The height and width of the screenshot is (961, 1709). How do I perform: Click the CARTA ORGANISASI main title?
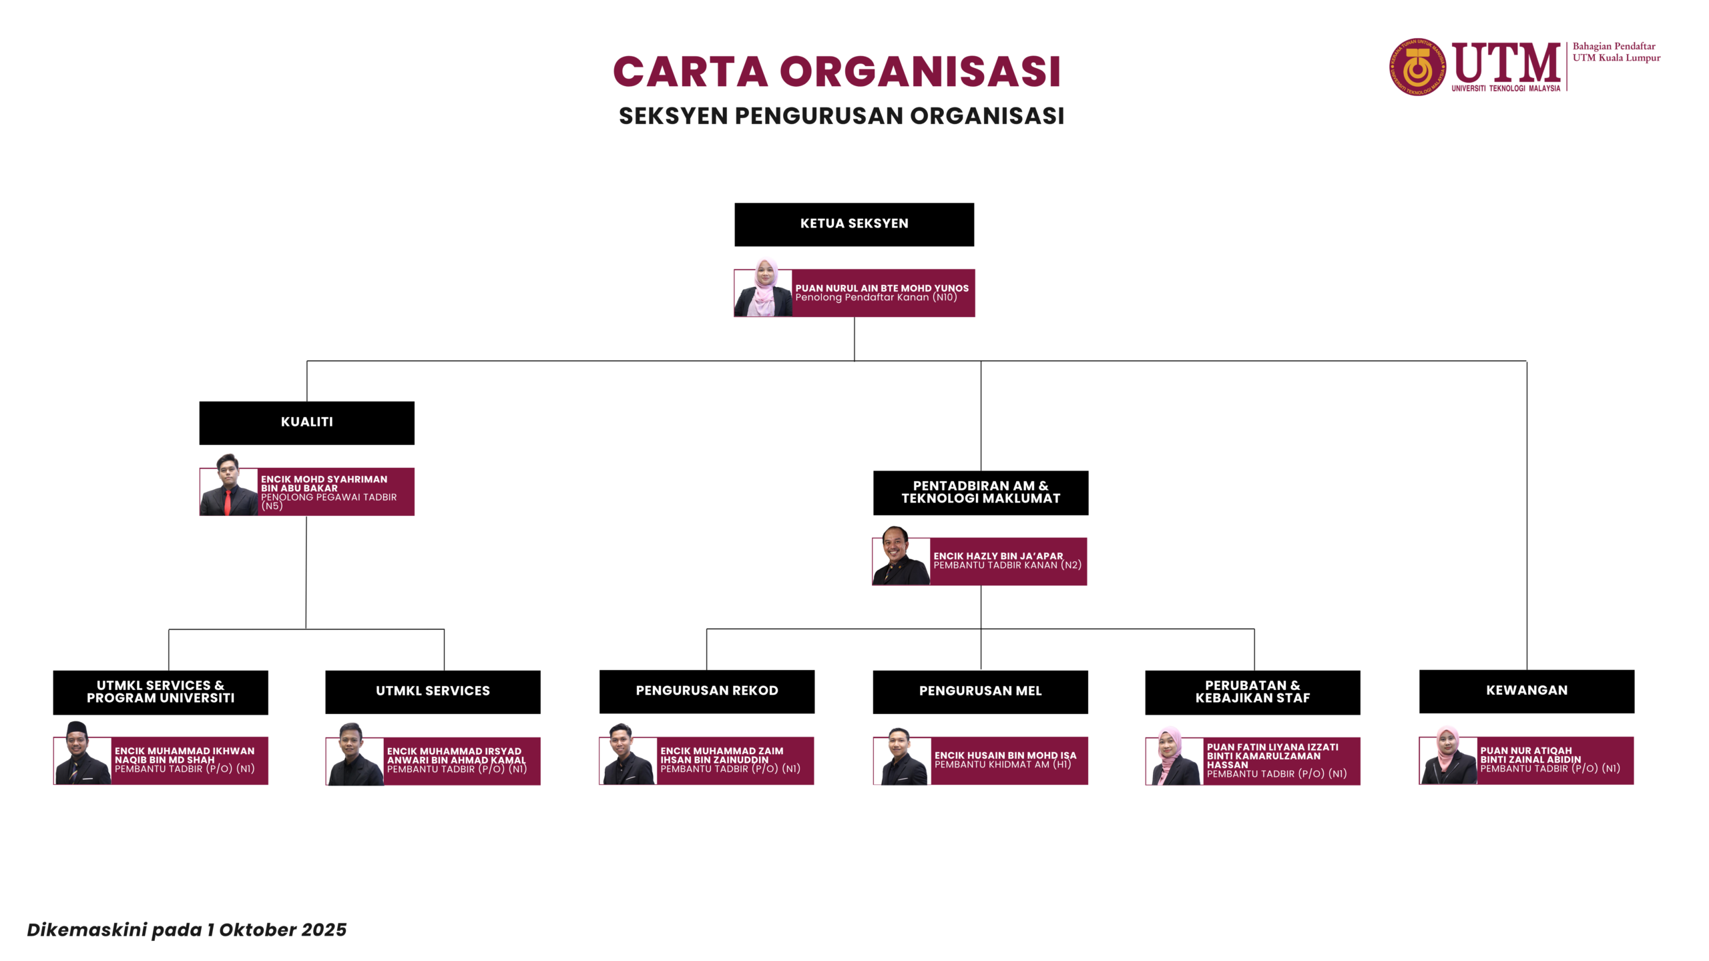(836, 71)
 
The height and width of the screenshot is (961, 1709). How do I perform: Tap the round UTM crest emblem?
(1417, 67)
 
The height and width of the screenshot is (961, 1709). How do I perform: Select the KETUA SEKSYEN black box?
(854, 224)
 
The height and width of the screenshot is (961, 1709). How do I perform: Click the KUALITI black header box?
(306, 422)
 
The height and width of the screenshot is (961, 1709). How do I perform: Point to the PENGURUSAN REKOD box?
(706, 691)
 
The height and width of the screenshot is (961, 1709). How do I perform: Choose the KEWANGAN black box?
(1526, 691)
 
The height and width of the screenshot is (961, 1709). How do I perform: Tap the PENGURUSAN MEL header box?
(980, 691)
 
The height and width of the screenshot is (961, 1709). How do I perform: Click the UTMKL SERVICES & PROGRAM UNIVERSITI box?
(160, 692)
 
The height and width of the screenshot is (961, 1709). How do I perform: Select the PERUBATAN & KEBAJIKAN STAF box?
(1252, 692)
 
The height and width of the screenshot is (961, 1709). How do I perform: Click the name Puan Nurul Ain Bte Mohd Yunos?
(881, 288)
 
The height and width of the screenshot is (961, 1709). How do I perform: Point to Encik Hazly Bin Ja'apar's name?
(997, 556)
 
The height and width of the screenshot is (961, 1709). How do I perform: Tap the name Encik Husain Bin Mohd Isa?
(1005, 755)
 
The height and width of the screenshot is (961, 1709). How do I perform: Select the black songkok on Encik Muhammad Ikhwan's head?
(77, 728)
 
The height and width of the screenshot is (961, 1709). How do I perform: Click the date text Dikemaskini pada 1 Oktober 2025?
(186, 930)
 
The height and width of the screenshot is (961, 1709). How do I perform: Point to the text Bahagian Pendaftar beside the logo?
(1614, 46)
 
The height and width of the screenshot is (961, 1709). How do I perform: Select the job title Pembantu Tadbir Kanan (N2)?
(1007, 565)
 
